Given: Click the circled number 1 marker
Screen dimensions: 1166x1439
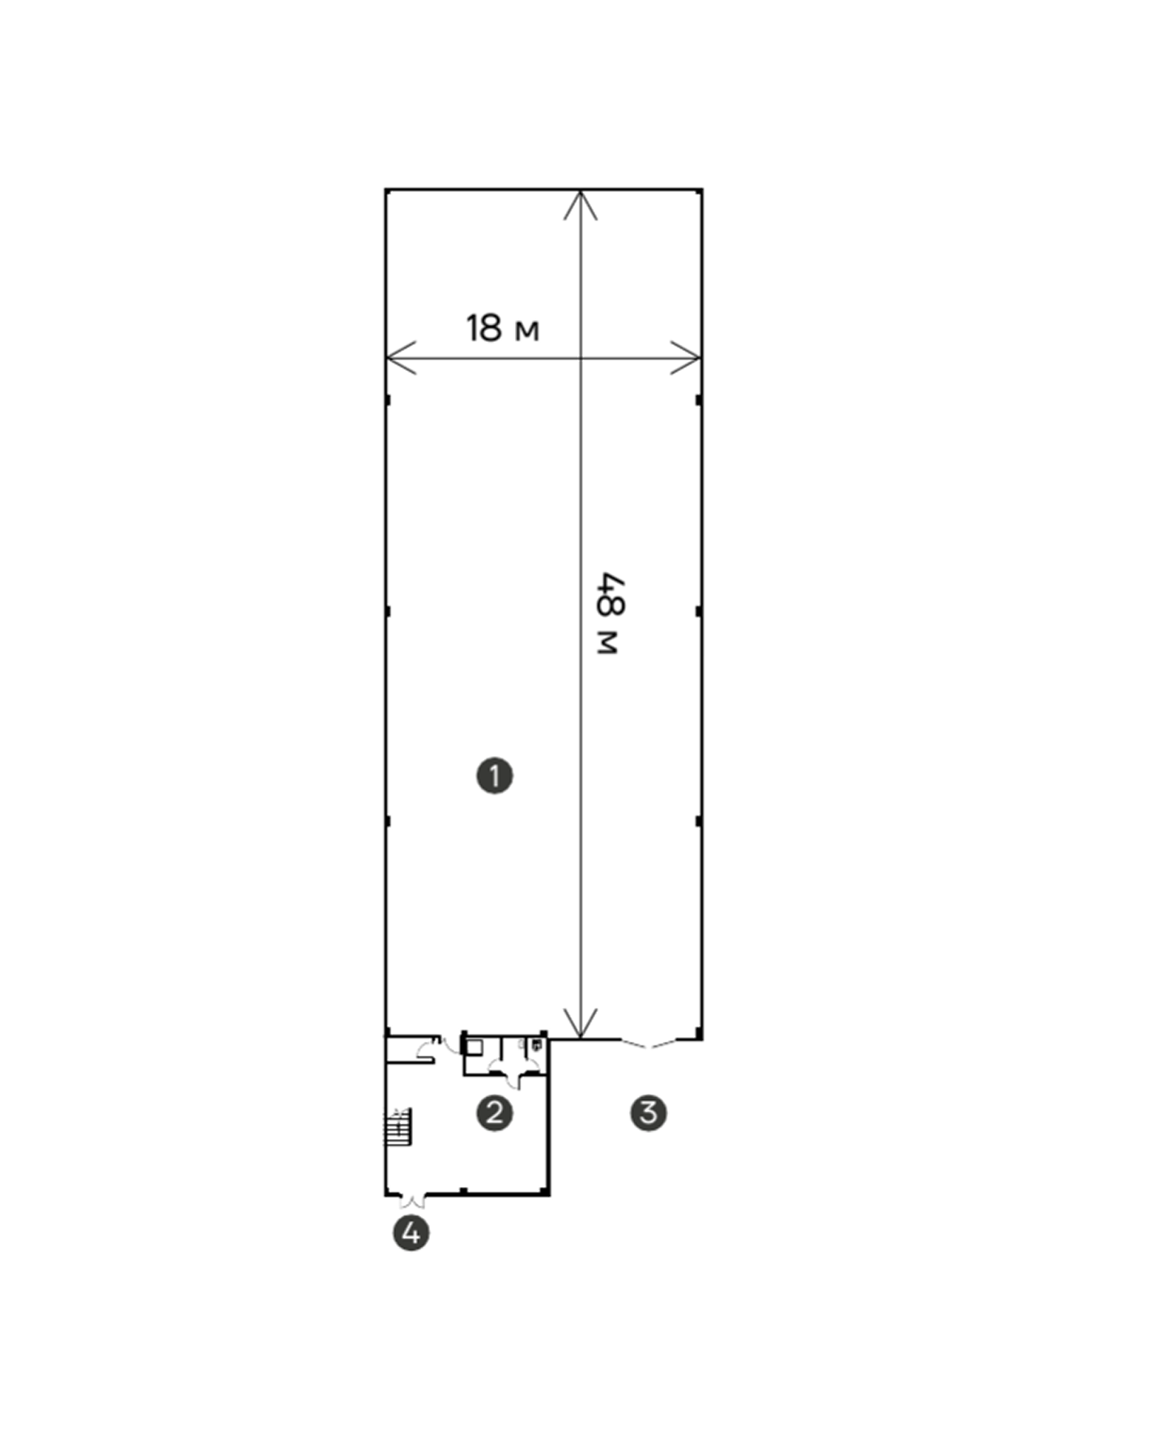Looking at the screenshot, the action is tap(495, 776).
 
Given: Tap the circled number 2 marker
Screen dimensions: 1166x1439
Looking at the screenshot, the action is tap(495, 1112).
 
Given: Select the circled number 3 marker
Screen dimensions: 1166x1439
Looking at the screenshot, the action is tap(649, 1112).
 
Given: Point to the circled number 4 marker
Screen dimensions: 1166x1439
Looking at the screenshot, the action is tap(411, 1233).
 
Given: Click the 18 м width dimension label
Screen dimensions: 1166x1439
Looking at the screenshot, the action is tap(502, 329).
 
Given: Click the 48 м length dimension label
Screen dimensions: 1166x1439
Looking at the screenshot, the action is tap(609, 615).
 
